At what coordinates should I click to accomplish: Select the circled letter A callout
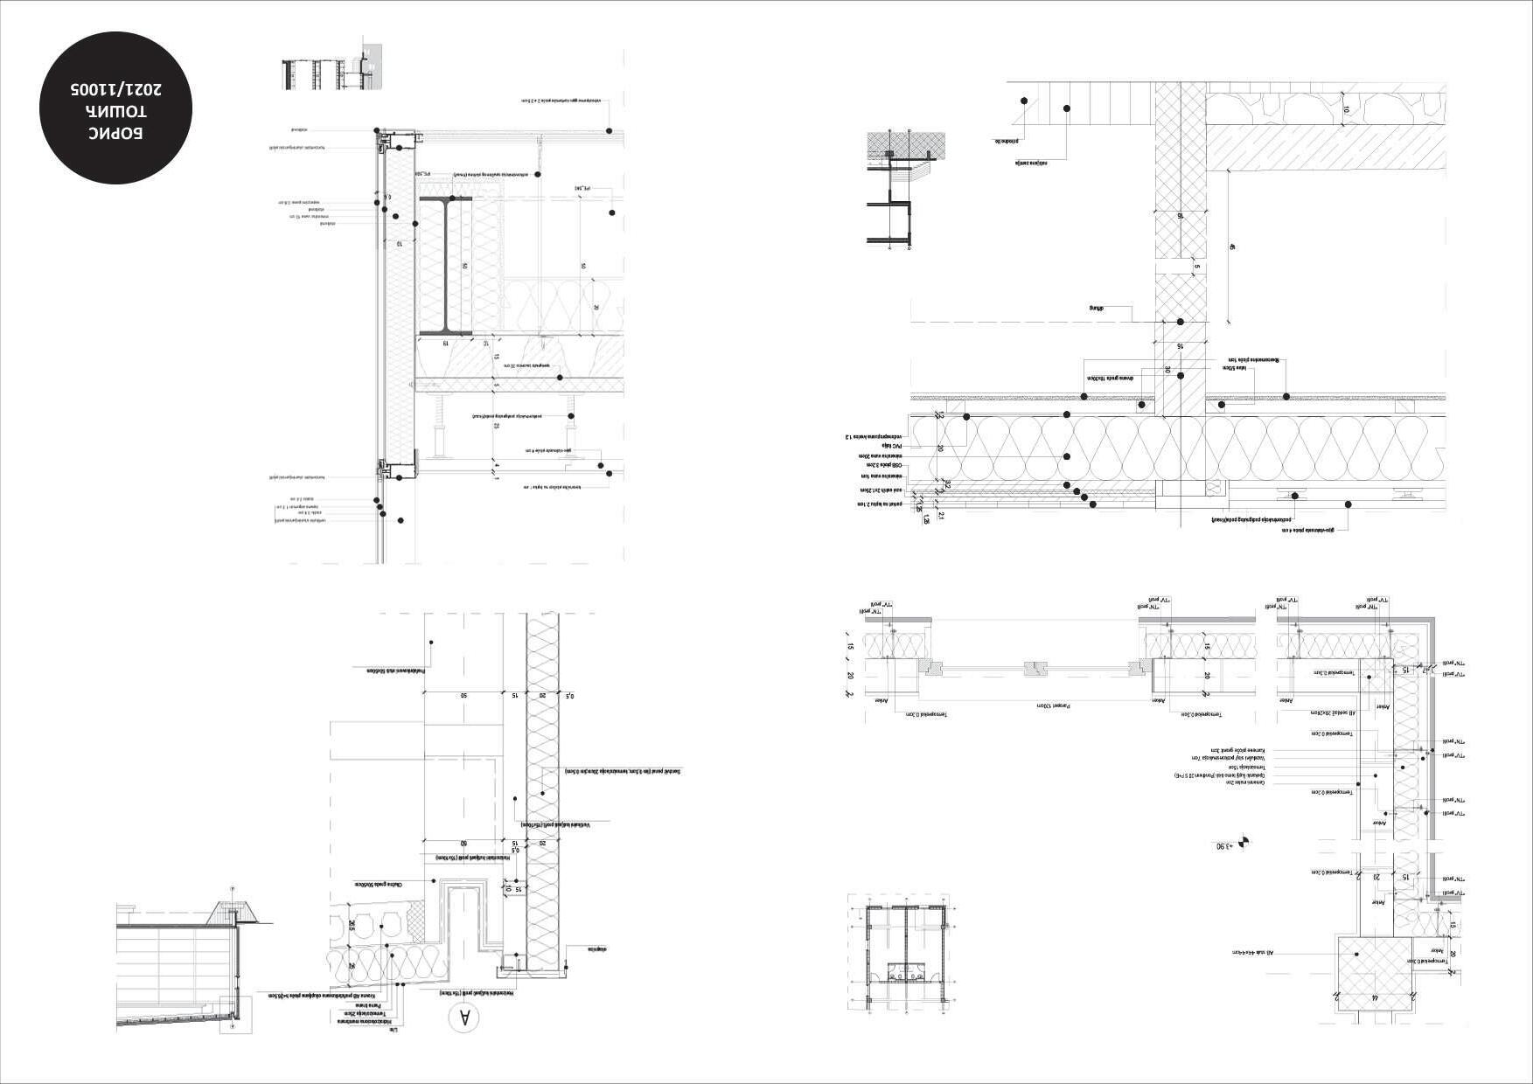(464, 1018)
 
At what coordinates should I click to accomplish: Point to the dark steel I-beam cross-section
(445, 266)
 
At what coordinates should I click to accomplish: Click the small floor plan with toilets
(898, 957)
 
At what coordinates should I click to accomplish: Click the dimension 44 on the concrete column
(1375, 997)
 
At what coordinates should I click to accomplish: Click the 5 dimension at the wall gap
(1197, 268)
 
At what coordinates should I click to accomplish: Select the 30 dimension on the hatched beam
(1167, 369)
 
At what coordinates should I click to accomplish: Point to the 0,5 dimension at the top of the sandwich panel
(570, 695)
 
